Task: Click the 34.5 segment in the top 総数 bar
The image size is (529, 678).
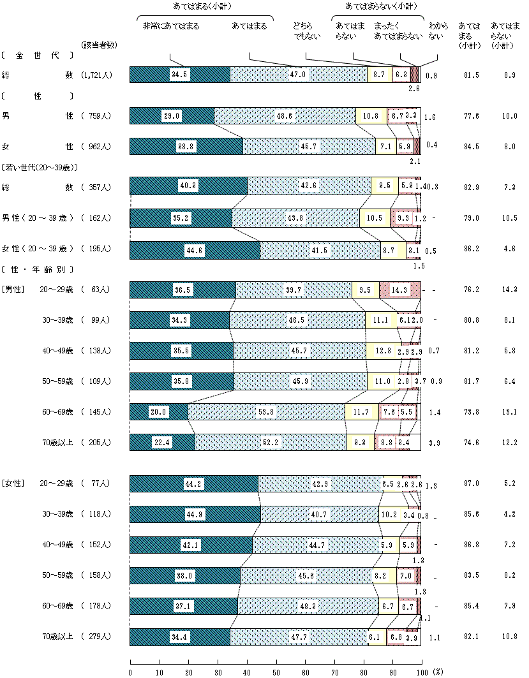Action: tap(179, 75)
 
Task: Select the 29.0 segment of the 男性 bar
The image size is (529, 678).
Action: tap(172, 115)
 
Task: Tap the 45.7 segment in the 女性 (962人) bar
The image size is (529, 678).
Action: tap(309, 146)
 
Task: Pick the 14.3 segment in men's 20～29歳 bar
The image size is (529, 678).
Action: tap(399, 290)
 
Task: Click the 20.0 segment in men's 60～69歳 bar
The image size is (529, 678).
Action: tap(159, 412)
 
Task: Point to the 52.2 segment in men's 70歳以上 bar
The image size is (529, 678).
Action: tap(271, 443)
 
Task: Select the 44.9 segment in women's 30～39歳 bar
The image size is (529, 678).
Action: tap(195, 514)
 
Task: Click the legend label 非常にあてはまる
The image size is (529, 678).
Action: tap(170, 26)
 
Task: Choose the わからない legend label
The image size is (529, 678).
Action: tap(436, 32)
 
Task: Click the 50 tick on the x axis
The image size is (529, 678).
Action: tap(276, 672)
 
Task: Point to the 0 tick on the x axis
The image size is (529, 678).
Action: tap(130, 672)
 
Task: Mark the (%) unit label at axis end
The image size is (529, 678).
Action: tap(438, 672)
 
